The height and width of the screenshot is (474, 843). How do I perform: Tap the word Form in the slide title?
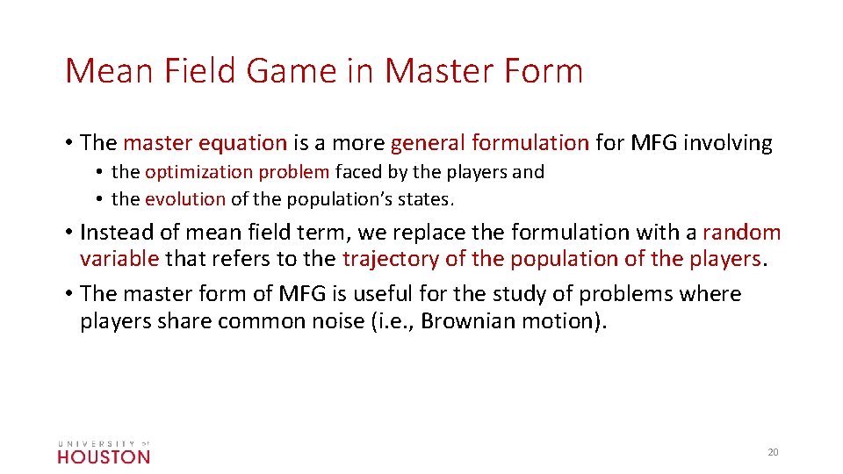coord(543,70)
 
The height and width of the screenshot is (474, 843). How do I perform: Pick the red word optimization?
coord(193,172)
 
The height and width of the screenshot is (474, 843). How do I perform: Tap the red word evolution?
coord(185,199)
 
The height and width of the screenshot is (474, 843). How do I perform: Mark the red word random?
coord(741,233)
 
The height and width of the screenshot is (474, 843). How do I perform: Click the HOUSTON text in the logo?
coord(104,456)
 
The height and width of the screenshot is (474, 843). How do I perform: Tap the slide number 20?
coord(773,452)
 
